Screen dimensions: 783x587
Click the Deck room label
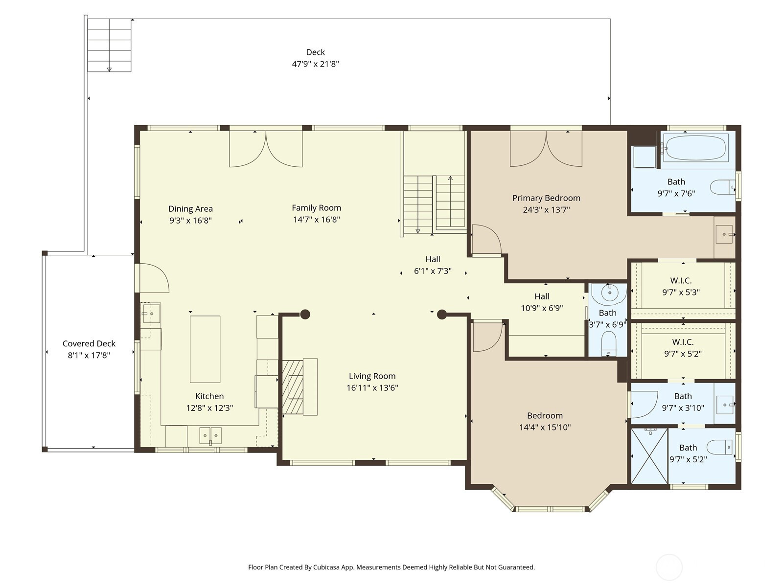315,52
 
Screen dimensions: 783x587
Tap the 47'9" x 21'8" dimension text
315,64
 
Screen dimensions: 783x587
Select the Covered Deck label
89,343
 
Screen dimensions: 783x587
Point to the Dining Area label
190,209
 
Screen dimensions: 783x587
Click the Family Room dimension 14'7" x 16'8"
317,220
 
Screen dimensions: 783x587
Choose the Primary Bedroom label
546,198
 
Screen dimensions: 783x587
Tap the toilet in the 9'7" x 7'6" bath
722,187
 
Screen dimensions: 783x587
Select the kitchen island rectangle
205,349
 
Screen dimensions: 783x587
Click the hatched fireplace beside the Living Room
293,387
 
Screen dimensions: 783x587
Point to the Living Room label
372,376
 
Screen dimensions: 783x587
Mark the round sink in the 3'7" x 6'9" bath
609,293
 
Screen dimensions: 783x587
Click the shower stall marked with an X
649,456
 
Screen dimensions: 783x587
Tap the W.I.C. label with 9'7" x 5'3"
681,280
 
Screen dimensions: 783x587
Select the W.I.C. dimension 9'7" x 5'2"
683,354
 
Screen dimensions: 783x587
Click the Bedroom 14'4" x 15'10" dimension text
545,428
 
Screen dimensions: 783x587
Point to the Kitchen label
209,396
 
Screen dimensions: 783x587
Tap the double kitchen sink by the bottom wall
210,435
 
